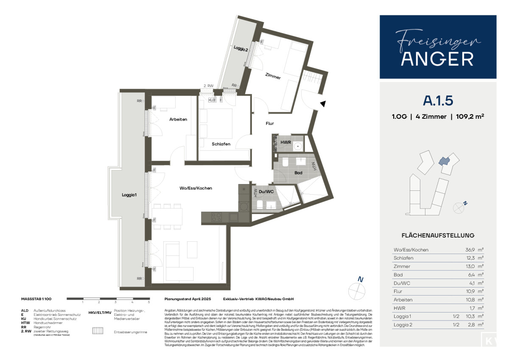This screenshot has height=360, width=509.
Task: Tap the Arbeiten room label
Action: pyautogui.click(x=178, y=119)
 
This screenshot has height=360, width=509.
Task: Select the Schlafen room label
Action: pyautogui.click(x=221, y=144)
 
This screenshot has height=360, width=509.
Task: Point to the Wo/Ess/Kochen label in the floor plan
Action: pyautogui.click(x=196, y=188)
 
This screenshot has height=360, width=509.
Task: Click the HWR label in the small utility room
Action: pyautogui.click(x=285, y=142)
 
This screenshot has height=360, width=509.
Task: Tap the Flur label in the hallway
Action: pyautogui.click(x=270, y=124)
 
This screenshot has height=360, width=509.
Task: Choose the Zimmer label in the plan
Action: pyautogui.click(x=273, y=77)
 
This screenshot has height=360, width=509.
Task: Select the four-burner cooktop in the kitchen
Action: pyautogui.click(x=216, y=217)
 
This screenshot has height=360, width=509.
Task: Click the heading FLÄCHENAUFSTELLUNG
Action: pyautogui.click(x=438, y=235)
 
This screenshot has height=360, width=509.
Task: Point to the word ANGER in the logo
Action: pyautogui.click(x=438, y=59)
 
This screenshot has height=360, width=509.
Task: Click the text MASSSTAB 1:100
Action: pyautogui.click(x=36, y=299)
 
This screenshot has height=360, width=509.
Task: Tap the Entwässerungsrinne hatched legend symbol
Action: pyautogui.click(x=98, y=332)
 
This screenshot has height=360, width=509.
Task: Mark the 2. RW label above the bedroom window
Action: pyautogui.click(x=208, y=86)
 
